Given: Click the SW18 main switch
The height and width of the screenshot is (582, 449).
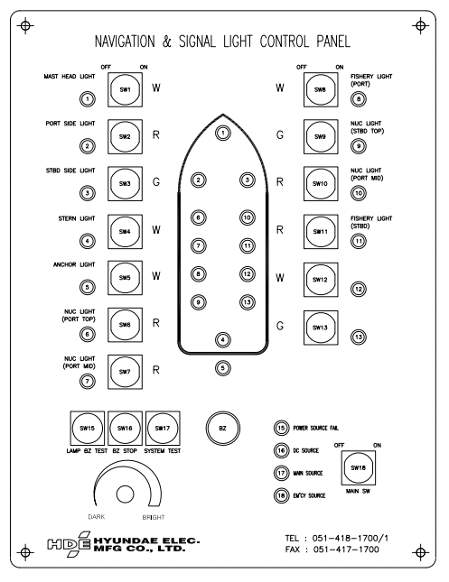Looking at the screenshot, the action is tap(359, 467).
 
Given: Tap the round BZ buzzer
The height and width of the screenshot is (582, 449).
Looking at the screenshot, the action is tap(222, 428).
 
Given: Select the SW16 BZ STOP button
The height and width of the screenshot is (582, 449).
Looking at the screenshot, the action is tap(125, 428).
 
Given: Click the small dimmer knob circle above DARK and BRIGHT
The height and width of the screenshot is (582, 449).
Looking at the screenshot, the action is tap(125, 494).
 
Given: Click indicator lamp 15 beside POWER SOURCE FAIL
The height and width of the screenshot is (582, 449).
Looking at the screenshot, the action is tap(281, 428).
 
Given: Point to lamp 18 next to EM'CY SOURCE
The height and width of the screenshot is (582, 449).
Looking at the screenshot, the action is tap(281, 495).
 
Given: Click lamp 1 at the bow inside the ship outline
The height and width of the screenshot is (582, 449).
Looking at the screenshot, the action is tap(222, 133).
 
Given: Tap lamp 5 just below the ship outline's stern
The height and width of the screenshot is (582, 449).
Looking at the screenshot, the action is tap(222, 368).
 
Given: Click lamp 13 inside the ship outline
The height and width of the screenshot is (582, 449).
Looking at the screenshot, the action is tap(248, 302).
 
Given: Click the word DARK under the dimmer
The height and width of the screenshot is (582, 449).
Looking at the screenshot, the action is tap(97, 517).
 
